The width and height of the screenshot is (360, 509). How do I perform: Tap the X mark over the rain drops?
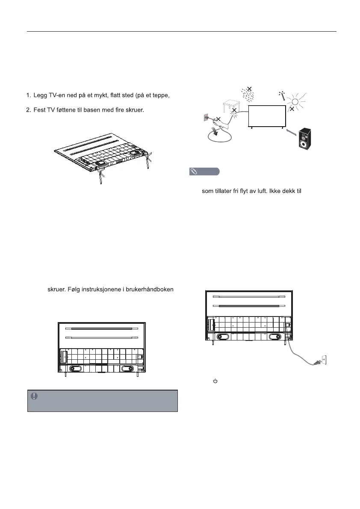click(249, 89)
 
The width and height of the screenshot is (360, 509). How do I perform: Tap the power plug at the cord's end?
click(317, 363)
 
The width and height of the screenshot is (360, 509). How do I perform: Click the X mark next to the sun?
click(292, 109)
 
